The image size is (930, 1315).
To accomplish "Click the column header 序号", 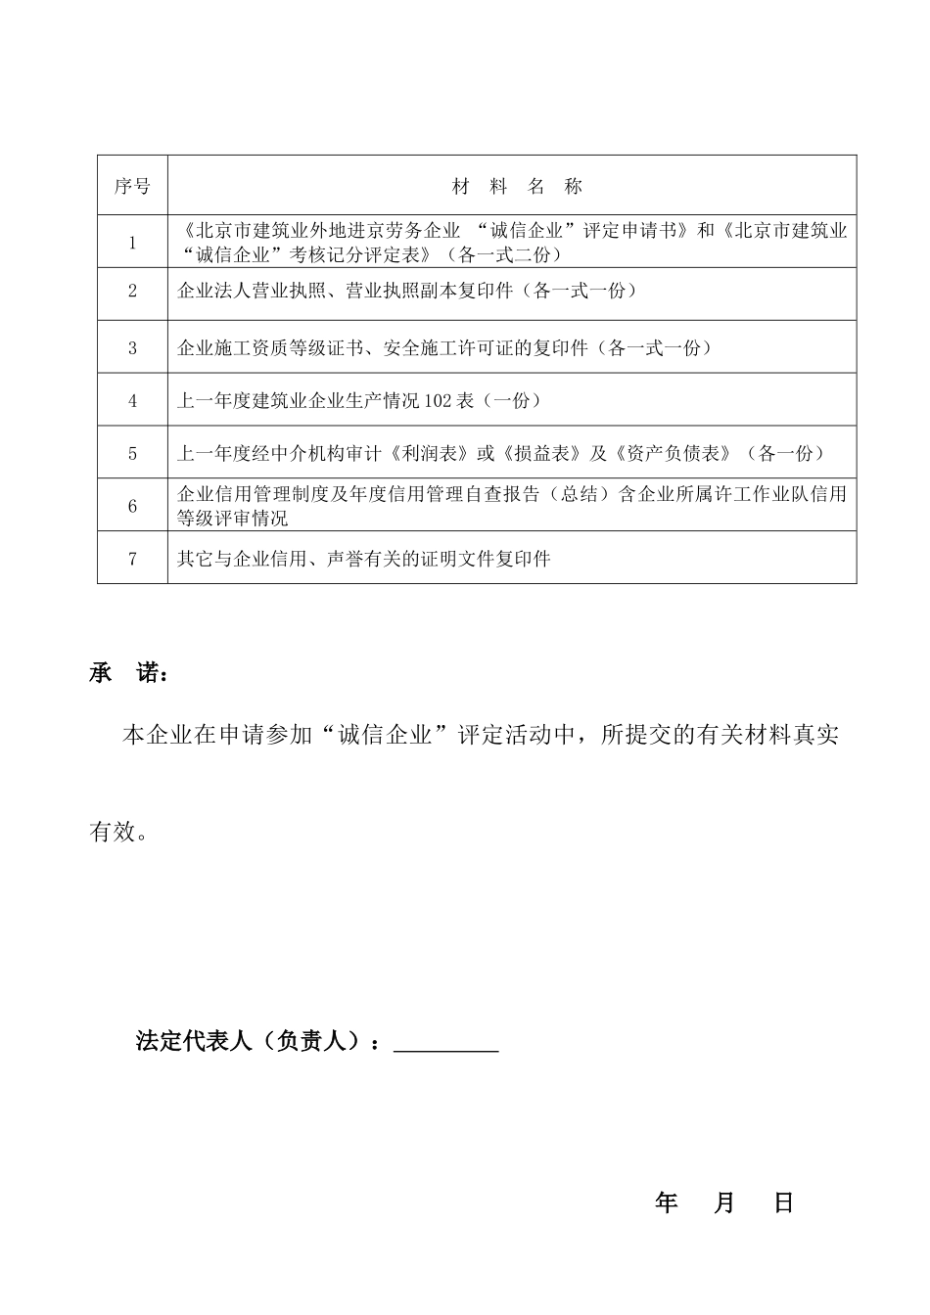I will (132, 186).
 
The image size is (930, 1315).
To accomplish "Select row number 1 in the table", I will (133, 243).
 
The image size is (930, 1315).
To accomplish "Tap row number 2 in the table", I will (133, 291).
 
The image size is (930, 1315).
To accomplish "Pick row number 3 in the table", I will (133, 347).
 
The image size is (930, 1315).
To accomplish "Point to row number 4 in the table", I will (133, 400).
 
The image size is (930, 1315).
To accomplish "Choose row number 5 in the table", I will (133, 453).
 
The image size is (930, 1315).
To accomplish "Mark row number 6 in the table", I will (133, 506).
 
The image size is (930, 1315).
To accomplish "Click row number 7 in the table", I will (133, 559).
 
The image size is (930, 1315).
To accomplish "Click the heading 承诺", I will (128, 674).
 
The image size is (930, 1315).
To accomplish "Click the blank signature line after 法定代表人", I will (445, 1043).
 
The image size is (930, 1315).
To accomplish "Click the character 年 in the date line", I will (667, 1202).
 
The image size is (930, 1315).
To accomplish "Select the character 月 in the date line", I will (724, 1202).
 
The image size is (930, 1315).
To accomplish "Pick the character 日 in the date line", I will (783, 1202).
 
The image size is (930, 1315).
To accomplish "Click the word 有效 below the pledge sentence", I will (113, 833).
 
